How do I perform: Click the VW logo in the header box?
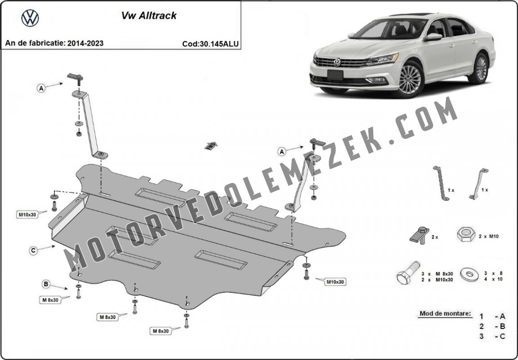[30, 18]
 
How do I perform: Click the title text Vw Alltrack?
[149, 16]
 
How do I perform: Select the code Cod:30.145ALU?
[210, 44]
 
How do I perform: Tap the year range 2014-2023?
[85, 43]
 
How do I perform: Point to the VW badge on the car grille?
[337, 62]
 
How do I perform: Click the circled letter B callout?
[46, 284]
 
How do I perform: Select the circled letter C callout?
[33, 251]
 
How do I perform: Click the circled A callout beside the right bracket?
[281, 151]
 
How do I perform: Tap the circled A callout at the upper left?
[41, 88]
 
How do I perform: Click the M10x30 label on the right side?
[335, 282]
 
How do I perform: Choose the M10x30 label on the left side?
[27, 215]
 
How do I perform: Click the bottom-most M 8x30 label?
[161, 331]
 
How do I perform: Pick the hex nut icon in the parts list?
[466, 235]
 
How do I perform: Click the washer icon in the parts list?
[470, 275]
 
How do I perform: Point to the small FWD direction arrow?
[210, 146]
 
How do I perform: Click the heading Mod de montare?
[445, 313]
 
